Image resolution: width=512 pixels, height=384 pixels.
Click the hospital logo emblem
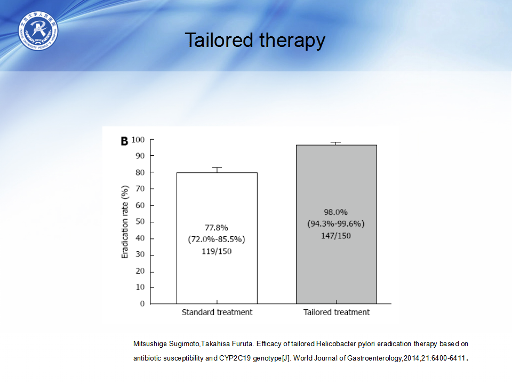pos(38,31)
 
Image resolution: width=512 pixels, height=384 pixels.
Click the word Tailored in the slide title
pos(219,40)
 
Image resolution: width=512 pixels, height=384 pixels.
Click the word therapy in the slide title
pos(292,42)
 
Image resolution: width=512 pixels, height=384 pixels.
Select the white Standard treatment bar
pos(217,238)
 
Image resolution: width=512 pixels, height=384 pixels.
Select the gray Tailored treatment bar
pos(337,225)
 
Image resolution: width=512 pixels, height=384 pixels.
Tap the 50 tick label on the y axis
pos(140,222)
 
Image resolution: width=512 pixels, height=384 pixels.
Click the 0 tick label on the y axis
pos(142,303)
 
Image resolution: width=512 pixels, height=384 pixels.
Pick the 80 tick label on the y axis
pos(140,172)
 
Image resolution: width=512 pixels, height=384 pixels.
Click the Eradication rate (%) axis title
pos(125,222)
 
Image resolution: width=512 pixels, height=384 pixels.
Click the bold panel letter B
pos(124,141)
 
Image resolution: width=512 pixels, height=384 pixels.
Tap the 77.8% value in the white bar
pos(217,228)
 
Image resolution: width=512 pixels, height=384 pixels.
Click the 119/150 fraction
pos(217,251)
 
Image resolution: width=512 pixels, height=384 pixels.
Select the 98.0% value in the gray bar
pos(335,212)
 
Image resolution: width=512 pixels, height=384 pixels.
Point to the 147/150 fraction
pos(335,236)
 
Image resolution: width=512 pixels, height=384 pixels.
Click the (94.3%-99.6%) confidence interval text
pos(335,224)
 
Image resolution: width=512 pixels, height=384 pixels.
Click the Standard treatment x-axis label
pos(217,313)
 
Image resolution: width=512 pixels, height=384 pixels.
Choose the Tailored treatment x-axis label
pos(337,313)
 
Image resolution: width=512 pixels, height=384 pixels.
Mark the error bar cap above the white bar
pos(217,167)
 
